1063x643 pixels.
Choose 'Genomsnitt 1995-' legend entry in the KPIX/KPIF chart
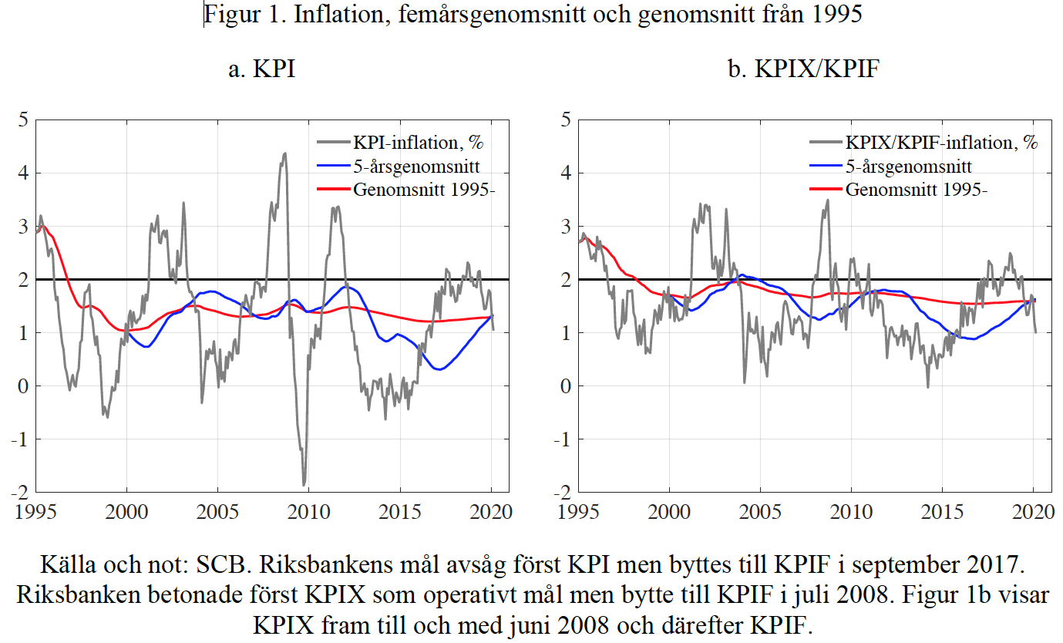[916, 189]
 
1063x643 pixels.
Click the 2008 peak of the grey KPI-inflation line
[284, 153]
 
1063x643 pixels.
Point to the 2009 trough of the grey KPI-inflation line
[304, 484]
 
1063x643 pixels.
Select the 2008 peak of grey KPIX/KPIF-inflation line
[827, 200]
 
